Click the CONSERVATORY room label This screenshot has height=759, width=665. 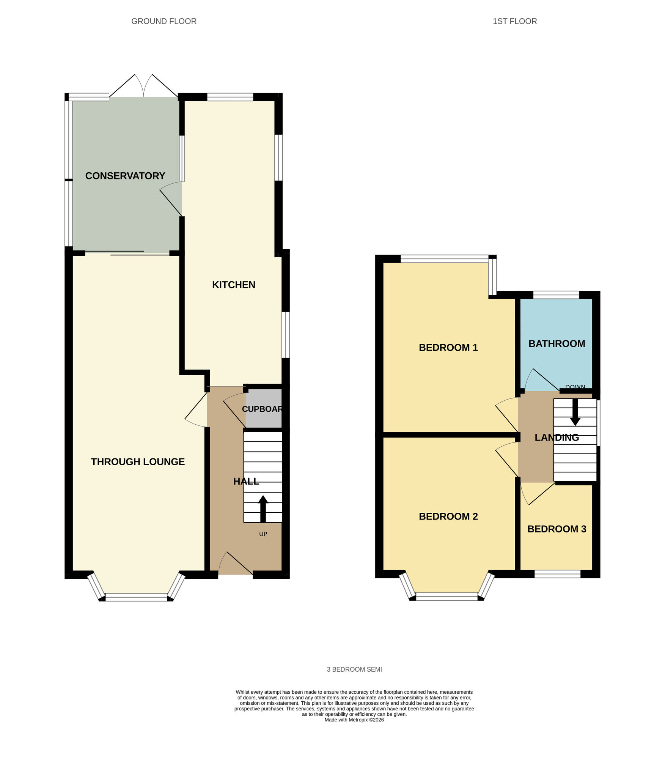(125, 176)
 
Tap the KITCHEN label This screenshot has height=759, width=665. (233, 285)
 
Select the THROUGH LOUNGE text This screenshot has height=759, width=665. (138, 461)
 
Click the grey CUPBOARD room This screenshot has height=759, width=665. (264, 409)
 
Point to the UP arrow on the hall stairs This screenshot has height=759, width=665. (263, 509)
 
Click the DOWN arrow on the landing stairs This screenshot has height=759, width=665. (575, 412)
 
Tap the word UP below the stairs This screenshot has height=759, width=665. (263, 534)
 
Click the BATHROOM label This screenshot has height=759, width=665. (557, 343)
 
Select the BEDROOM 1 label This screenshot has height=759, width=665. (448, 347)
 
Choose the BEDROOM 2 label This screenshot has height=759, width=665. (448, 516)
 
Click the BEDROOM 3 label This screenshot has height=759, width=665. (557, 529)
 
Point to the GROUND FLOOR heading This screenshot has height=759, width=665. (164, 21)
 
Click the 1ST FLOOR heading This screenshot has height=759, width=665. (514, 21)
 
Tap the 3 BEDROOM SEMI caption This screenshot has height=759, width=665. (354, 669)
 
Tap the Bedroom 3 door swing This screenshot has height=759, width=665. (536, 493)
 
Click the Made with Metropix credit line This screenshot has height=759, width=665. (354, 720)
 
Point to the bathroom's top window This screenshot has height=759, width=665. (556, 295)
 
